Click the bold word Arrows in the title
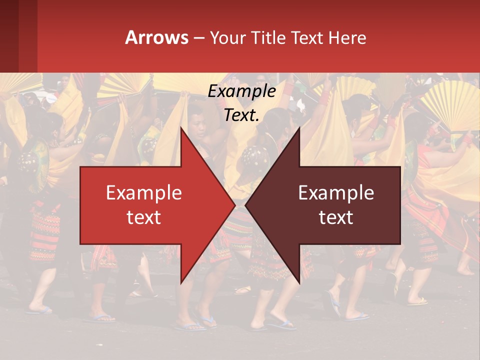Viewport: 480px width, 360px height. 157,37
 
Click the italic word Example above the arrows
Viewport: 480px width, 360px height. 241,91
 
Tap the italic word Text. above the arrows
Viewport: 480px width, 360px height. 241,115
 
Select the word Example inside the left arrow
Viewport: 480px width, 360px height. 144,193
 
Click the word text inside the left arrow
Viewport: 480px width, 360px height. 144,217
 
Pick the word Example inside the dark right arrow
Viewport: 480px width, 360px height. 336,193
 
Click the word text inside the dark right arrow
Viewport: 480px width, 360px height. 336,217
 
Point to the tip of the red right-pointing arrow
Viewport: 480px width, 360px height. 235,205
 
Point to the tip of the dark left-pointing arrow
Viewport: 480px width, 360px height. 245,205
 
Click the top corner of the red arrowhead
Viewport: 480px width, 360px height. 181,127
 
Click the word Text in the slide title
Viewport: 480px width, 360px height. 306,37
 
